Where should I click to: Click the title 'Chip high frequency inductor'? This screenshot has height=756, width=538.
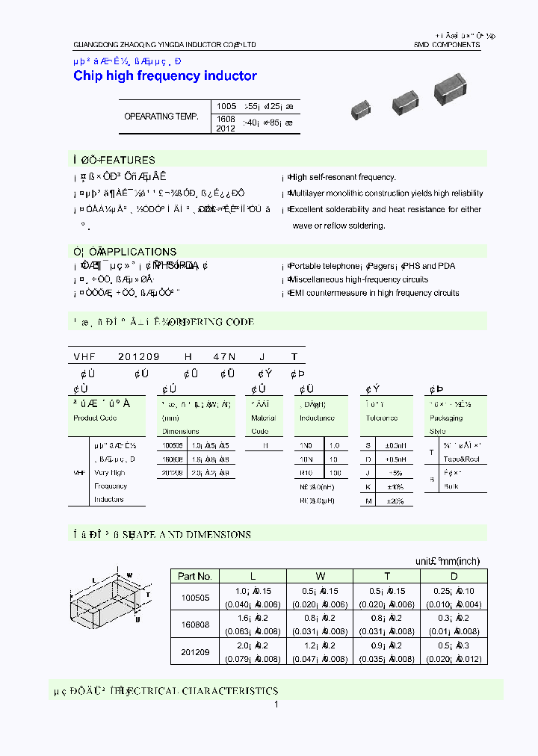click(165, 75)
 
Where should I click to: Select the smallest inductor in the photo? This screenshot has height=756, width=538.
click(361, 110)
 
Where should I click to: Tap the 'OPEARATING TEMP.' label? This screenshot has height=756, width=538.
click(161, 117)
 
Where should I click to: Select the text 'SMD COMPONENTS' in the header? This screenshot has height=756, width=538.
click(447, 45)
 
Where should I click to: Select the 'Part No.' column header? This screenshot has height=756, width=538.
click(196, 576)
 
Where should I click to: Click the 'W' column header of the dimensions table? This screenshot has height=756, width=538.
click(321, 576)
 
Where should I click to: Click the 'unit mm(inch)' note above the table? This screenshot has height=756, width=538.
click(448, 561)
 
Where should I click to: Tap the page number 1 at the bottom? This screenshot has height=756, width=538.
click(276, 704)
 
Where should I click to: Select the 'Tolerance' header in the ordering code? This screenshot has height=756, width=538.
click(381, 418)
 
